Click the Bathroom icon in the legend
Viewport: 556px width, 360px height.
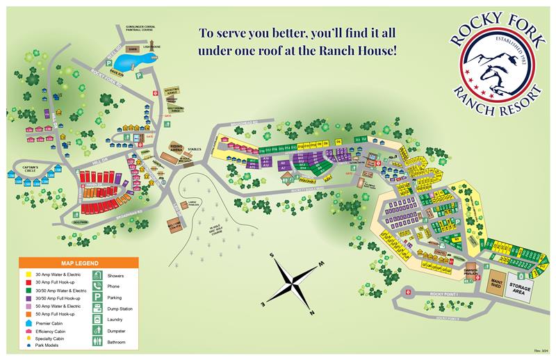[99, 341]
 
